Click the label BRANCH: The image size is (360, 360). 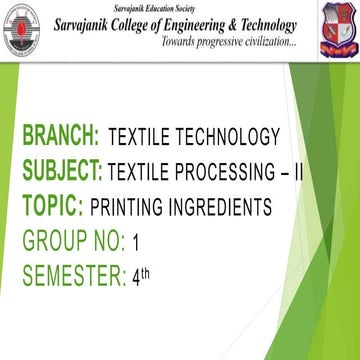pos(61,137)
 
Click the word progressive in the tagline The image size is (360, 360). pos(203,44)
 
